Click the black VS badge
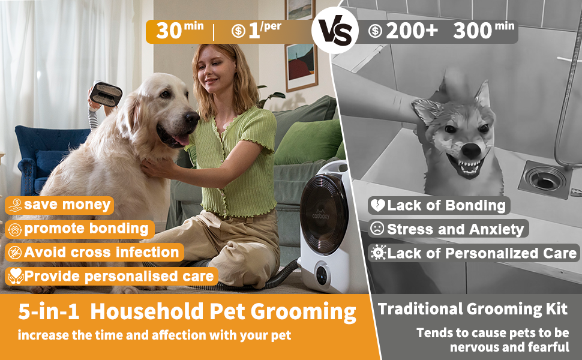[x=335, y=31]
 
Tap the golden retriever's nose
[x=192, y=118]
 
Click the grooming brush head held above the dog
[x=106, y=94]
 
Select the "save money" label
[x=59, y=205]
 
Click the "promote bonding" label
[x=79, y=229]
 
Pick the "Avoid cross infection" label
[x=94, y=253]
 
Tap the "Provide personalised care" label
[x=112, y=277]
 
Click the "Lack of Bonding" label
[x=439, y=205]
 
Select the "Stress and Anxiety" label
[x=448, y=229]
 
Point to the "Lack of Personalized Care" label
[x=474, y=253]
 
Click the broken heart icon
[x=377, y=205]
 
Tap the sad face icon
[x=377, y=229]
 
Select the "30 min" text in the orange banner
[x=179, y=31]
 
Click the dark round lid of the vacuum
[x=323, y=214]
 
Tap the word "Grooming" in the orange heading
[x=303, y=312]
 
